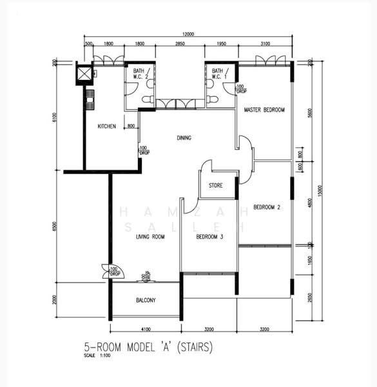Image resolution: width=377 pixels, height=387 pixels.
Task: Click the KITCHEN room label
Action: pyautogui.click(x=106, y=126)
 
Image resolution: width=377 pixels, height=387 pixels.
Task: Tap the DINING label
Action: pyautogui.click(x=187, y=137)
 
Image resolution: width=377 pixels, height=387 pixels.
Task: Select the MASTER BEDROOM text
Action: pyautogui.click(x=264, y=110)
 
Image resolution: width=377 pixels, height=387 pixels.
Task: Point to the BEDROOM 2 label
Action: pyautogui.click(x=267, y=207)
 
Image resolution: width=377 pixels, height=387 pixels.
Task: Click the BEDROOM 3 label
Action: pyautogui.click(x=209, y=237)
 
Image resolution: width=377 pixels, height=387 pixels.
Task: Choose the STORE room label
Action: pyautogui.click(x=215, y=186)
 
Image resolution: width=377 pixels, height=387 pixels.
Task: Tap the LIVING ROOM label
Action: pyautogui.click(x=150, y=237)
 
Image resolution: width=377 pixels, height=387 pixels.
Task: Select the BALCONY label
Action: pyautogui.click(x=146, y=301)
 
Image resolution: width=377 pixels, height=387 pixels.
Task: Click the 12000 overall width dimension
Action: pyautogui.click(x=188, y=33)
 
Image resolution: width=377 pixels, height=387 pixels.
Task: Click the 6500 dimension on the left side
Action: pyautogui.click(x=55, y=226)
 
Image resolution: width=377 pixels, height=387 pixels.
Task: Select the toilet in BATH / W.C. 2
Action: pyautogui.click(x=148, y=101)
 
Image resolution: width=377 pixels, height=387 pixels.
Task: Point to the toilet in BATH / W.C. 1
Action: pyautogui.click(x=213, y=100)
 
